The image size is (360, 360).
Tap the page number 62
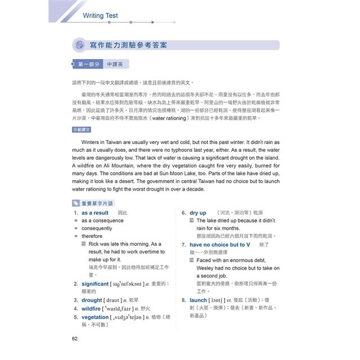pyautogui.click(x=75, y=338)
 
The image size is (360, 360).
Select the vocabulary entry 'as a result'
pyautogui.click(x=95, y=213)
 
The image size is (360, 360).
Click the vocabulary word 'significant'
pyautogui.click(x=94, y=284)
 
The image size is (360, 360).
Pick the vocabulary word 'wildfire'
pyautogui.click(x=91, y=309)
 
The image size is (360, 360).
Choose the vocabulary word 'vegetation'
pyautogui.click(x=94, y=317)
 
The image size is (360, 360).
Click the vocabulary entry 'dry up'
pyautogui.click(x=197, y=213)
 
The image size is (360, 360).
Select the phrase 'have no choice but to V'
pyautogui.click(x=219, y=245)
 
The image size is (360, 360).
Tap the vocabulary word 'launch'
pyautogui.click(x=199, y=300)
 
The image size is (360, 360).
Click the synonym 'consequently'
pyautogui.click(x=97, y=229)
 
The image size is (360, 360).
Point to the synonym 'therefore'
pyautogui.click(x=92, y=237)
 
